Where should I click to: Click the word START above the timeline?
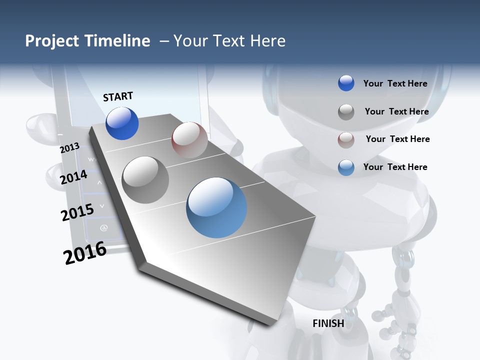point(118,96)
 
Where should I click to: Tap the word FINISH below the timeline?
point(328,323)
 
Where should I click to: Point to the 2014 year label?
point(73,177)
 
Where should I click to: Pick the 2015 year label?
point(77,212)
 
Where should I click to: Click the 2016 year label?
point(85,253)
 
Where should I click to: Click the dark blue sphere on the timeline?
point(122,123)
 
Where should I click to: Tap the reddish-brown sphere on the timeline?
point(189,140)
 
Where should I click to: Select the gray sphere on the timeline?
point(145,179)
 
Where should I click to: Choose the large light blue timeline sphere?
point(216,207)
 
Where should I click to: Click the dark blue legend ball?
point(346,83)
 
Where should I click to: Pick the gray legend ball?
point(346,112)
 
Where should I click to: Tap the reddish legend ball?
point(346,140)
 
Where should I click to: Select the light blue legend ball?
point(346,167)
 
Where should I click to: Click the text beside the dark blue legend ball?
point(395,83)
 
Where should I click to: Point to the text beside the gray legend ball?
point(396,111)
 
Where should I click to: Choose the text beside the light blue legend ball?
point(395,167)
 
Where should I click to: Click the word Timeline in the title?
point(117,41)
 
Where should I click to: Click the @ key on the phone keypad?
point(104,228)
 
